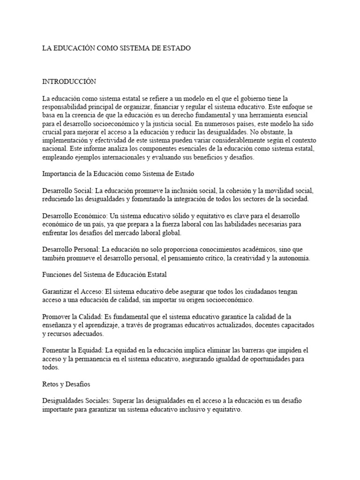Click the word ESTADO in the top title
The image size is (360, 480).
pos(174,48)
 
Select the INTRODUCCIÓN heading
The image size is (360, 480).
pos(69,81)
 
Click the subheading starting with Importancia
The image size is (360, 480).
pos(118,174)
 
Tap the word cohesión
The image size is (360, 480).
pos(251,191)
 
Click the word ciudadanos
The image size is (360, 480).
pos(253,291)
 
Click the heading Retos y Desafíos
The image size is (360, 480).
pos(66,384)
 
